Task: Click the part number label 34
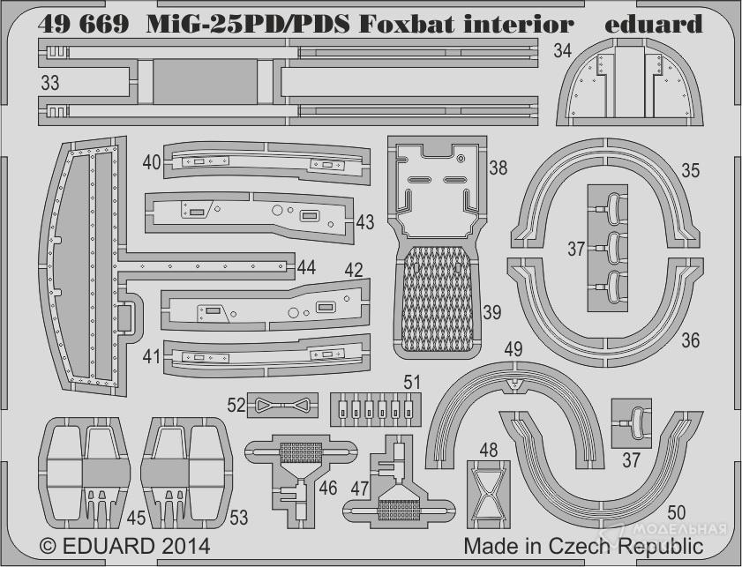[x=563, y=51]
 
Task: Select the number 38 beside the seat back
[x=498, y=168]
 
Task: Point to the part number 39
[x=491, y=312]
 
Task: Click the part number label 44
[x=306, y=266]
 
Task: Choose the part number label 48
[x=489, y=449]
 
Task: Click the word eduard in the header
[x=655, y=24]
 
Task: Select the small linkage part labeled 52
[x=283, y=405]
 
